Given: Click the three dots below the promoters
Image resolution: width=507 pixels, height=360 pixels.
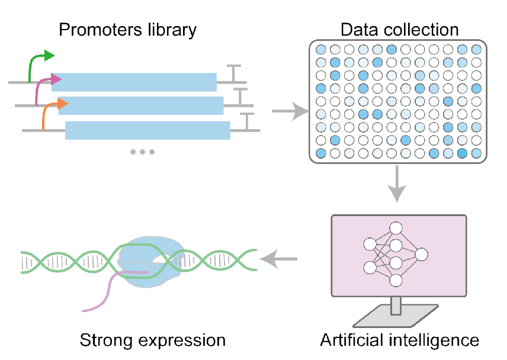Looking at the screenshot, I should tap(142, 152).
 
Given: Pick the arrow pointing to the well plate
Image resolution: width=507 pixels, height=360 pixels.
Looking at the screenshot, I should tap(290, 111).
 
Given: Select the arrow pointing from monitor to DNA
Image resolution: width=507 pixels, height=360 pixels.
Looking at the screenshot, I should tap(280, 258).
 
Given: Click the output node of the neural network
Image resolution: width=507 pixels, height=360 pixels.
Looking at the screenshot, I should tap(421, 255).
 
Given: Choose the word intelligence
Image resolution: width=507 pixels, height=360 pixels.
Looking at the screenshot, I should tap(439, 341).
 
